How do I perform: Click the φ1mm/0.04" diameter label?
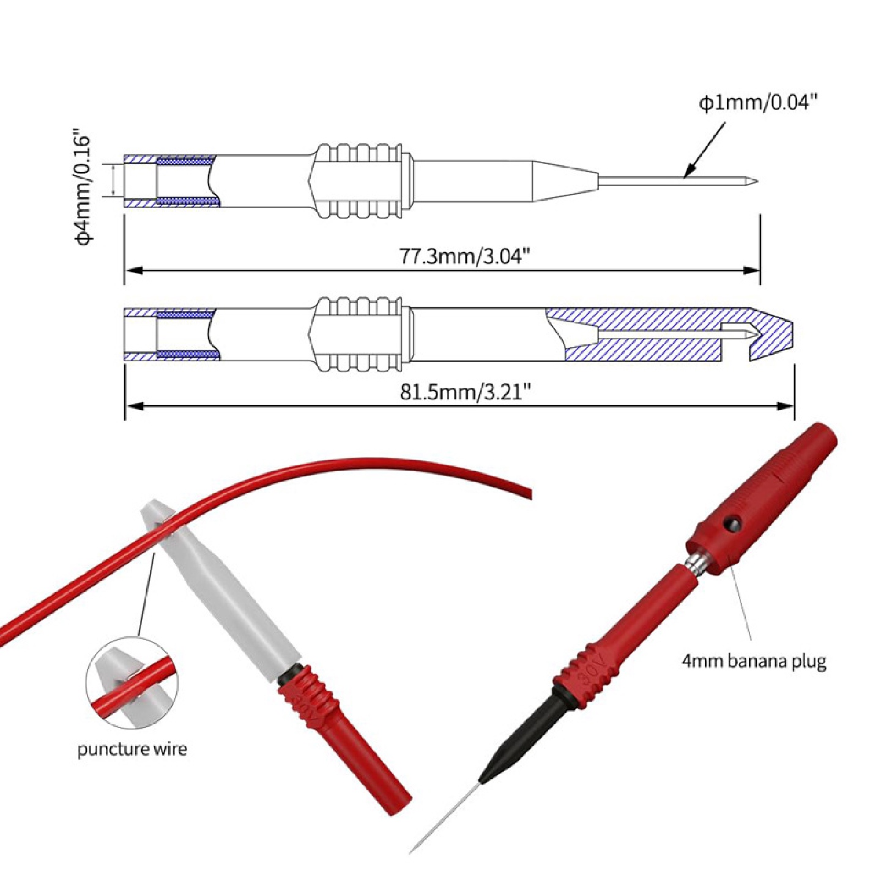coord(758,103)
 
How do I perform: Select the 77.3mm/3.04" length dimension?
coord(463,256)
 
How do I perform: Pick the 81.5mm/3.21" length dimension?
coord(464,392)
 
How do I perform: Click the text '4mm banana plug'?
coord(754,661)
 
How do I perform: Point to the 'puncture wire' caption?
coord(132,749)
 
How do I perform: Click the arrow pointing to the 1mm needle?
coord(704,150)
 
